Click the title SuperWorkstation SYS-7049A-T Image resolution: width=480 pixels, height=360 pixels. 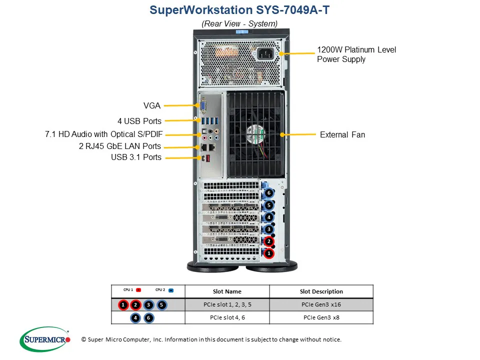(239, 10)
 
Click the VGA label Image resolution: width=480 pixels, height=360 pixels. (151, 105)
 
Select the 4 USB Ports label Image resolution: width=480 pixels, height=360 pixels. (139, 121)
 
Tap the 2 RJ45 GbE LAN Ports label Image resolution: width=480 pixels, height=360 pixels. (120, 146)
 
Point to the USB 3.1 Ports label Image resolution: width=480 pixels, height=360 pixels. (136, 157)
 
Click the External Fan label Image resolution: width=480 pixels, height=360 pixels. (342, 134)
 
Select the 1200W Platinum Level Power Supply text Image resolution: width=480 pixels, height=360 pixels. (356, 54)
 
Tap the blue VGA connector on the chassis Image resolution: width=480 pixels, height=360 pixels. (203, 106)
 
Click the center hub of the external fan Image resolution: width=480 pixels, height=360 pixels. (256, 134)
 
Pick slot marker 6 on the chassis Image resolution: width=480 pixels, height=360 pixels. (268, 193)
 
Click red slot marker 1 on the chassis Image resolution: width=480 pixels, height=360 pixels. (268, 253)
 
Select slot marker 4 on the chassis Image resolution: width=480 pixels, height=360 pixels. (268, 217)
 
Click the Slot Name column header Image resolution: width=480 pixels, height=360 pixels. (226, 291)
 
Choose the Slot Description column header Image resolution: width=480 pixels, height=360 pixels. (321, 291)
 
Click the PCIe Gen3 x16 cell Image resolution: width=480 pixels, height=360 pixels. (321, 304)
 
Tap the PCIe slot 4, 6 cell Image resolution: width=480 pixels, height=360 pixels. (226, 317)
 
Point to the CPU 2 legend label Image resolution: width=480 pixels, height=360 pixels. (160, 289)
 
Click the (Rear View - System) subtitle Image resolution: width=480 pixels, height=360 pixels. (239, 23)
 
